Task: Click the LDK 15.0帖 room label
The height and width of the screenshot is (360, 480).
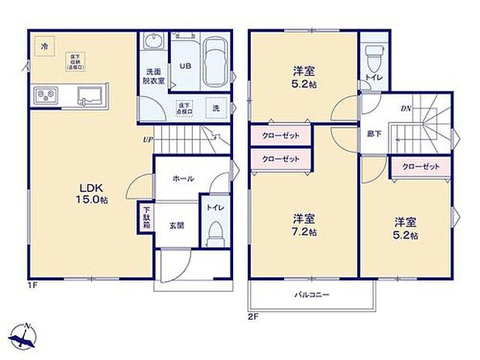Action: click(x=91, y=194)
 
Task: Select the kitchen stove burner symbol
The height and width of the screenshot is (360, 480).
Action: click(x=44, y=96)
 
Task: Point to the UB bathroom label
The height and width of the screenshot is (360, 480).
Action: click(x=186, y=66)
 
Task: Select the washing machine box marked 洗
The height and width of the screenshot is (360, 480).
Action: click(x=216, y=108)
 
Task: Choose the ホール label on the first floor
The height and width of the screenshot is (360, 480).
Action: click(x=183, y=178)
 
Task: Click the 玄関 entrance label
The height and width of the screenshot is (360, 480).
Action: click(x=177, y=225)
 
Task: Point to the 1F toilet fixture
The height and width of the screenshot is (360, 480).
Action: click(x=216, y=230)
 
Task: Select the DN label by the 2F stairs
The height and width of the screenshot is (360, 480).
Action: click(x=406, y=108)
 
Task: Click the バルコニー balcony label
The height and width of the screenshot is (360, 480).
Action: click(x=311, y=295)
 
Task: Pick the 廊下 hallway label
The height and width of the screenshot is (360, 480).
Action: click(x=374, y=134)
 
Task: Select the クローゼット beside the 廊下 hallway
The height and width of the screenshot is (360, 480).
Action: click(x=421, y=166)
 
